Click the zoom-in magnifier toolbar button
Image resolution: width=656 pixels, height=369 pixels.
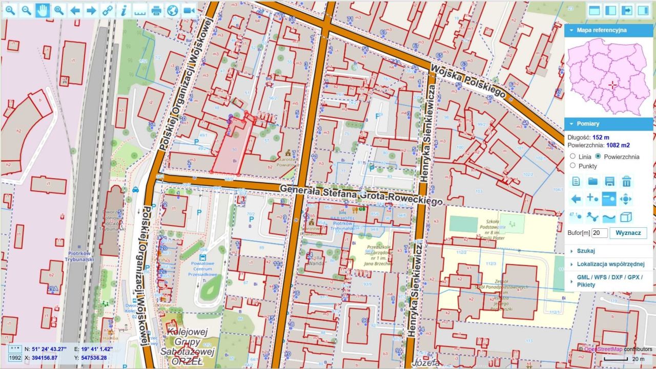[10, 10]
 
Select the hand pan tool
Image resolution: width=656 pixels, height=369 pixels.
[43, 10]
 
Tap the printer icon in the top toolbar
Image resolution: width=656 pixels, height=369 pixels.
[156, 10]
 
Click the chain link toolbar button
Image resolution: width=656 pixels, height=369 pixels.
[107, 10]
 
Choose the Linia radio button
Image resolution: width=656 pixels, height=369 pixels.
[573, 156]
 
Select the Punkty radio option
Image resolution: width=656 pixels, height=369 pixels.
[573, 165]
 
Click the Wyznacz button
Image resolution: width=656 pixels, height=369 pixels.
[628, 233]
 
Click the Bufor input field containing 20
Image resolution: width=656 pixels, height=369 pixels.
[599, 233]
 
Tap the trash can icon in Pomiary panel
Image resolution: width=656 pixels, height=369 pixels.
[626, 181]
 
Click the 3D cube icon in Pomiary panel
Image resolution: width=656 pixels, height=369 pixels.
[626, 216]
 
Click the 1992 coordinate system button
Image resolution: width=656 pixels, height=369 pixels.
[15, 358]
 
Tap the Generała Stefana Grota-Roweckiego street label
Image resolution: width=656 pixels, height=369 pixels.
[361, 195]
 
